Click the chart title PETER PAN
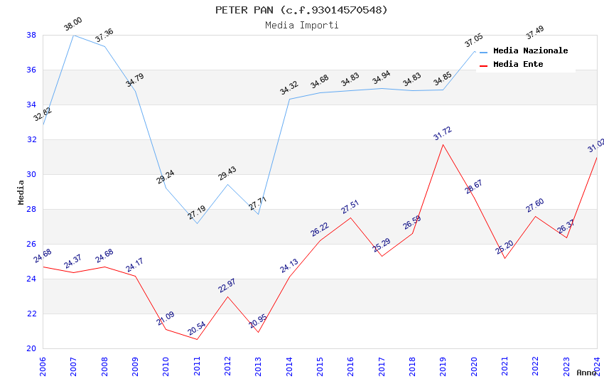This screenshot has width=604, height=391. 301,10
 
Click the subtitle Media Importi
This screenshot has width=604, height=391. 301,26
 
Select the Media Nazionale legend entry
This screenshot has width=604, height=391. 530,51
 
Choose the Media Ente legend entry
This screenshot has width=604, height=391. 518,65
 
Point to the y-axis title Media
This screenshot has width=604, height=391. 21,192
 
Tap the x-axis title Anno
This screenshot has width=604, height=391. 586,373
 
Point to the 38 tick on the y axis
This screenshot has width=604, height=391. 31,35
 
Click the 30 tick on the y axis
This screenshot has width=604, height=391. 31,174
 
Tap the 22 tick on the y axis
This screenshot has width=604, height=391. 31,314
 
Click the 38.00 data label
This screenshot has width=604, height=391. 73,24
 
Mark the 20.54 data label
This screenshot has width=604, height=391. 197,328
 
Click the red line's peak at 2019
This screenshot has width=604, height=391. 443,144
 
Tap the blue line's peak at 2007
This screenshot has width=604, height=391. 73,35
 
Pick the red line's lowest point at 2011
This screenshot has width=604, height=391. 197,339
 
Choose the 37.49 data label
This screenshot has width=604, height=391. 535,33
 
